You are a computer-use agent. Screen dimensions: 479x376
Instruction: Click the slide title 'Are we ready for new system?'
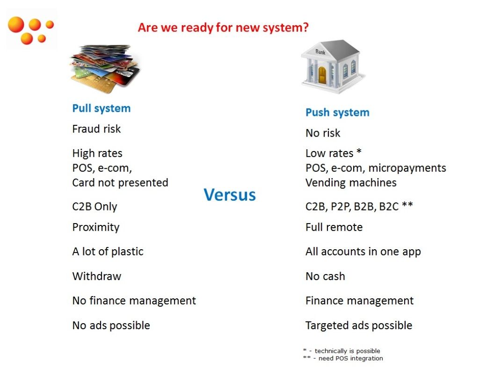click(x=223, y=28)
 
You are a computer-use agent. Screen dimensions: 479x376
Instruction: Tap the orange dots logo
click(x=30, y=30)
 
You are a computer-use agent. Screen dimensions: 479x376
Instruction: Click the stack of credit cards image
click(x=105, y=68)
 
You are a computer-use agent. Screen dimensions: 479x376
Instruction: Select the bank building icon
click(x=333, y=66)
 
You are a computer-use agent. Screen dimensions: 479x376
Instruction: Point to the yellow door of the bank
click(x=322, y=75)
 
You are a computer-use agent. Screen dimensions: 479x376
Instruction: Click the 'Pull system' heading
click(x=102, y=109)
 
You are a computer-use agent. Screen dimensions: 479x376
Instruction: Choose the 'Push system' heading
click(x=337, y=113)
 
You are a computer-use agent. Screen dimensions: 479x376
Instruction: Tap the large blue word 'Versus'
click(x=229, y=195)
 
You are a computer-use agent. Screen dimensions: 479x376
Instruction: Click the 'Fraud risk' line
click(x=96, y=129)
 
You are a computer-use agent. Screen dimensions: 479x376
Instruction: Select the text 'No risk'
click(x=323, y=133)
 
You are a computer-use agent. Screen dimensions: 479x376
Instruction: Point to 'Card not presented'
click(x=120, y=183)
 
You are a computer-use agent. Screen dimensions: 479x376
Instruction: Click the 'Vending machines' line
click(x=351, y=183)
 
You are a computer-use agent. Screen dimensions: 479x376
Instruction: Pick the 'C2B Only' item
click(x=94, y=207)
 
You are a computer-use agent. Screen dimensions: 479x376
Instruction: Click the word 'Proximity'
click(x=96, y=228)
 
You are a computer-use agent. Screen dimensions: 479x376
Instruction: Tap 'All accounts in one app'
click(x=363, y=252)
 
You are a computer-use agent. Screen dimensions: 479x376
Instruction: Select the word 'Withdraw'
click(x=97, y=276)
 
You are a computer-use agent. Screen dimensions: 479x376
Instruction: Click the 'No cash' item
click(x=326, y=276)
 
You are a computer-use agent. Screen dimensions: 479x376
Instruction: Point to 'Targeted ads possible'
click(x=359, y=325)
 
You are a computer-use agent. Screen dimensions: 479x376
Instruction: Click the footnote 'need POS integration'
click(x=350, y=358)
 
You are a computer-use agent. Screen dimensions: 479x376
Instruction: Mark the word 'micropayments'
click(x=407, y=168)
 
